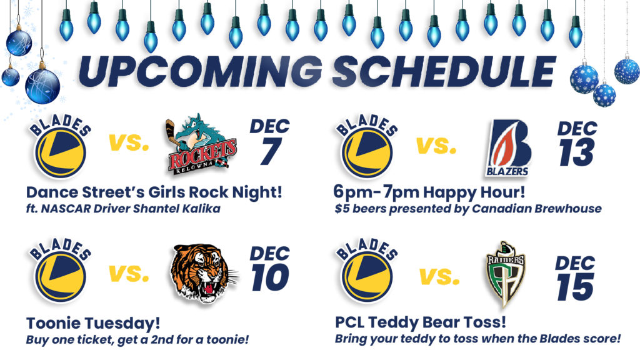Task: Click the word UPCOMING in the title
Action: [x=200, y=71]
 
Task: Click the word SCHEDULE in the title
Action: [x=444, y=71]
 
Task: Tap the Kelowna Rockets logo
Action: [x=201, y=144]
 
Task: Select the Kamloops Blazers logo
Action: [x=508, y=147]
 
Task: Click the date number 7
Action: [x=271, y=151]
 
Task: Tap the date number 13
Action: [x=576, y=152]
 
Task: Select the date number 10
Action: [x=270, y=277]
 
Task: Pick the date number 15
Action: [x=575, y=287]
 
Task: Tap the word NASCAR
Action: [x=66, y=209]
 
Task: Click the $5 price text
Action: [x=342, y=209]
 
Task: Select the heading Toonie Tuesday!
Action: [x=93, y=323]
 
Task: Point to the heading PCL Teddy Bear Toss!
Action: [x=421, y=322]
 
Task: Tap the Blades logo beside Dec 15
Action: [x=367, y=271]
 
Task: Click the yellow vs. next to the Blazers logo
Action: [x=436, y=145]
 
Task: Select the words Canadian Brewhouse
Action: [x=537, y=209]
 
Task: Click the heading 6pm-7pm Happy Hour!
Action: [x=429, y=192]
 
